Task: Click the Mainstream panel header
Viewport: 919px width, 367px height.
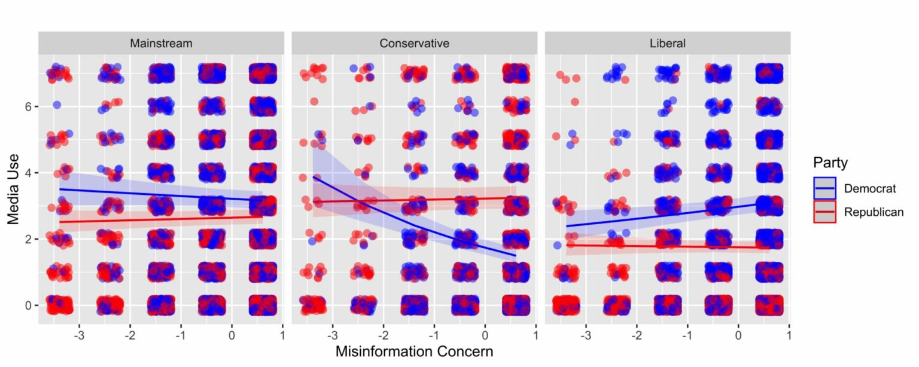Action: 161,43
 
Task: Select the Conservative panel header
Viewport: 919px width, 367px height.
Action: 414,43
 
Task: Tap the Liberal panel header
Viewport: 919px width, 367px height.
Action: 667,43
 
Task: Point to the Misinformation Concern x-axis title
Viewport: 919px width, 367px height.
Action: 414,351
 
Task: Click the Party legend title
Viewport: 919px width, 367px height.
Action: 830,163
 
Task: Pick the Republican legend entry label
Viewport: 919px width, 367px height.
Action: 874,212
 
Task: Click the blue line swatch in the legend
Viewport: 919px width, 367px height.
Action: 824,188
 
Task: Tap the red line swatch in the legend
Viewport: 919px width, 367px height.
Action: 824,212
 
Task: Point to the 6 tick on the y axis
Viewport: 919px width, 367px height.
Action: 28,106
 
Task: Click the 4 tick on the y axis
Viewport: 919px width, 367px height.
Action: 28,173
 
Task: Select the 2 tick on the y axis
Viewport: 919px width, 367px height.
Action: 28,239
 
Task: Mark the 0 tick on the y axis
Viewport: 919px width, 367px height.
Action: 28,305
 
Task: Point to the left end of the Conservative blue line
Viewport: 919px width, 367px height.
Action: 314,177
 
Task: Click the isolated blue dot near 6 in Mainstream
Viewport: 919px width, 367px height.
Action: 57,105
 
